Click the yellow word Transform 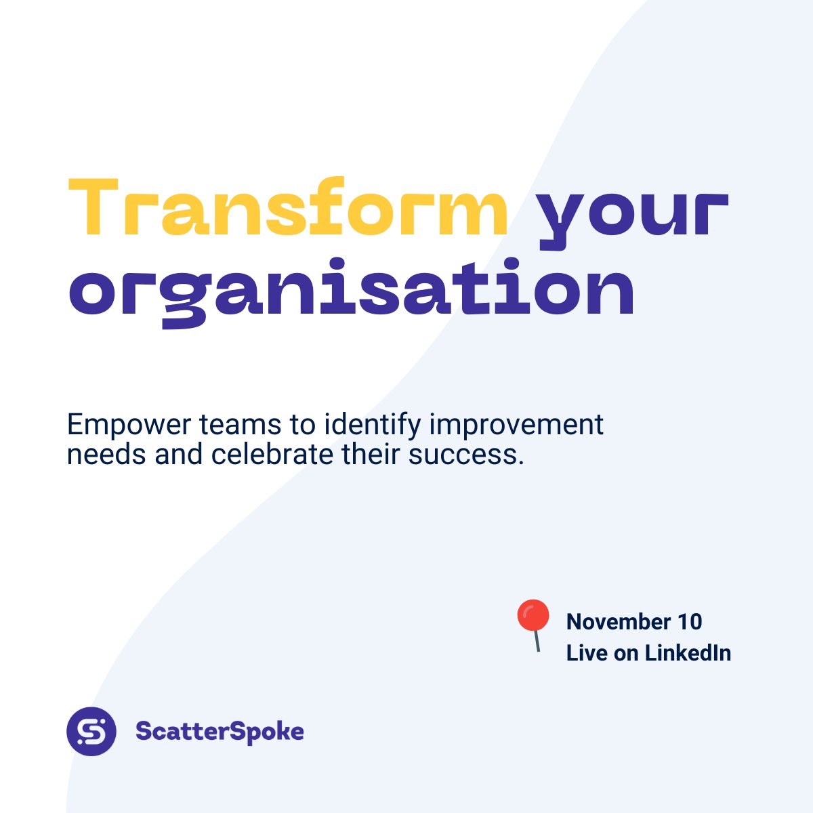click(x=288, y=209)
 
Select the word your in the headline click(x=631, y=213)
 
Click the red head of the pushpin click(x=533, y=615)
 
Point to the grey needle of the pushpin click(x=537, y=641)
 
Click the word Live click(x=587, y=652)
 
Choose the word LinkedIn click(x=688, y=652)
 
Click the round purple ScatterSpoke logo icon click(x=91, y=732)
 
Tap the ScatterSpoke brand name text click(x=220, y=732)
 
